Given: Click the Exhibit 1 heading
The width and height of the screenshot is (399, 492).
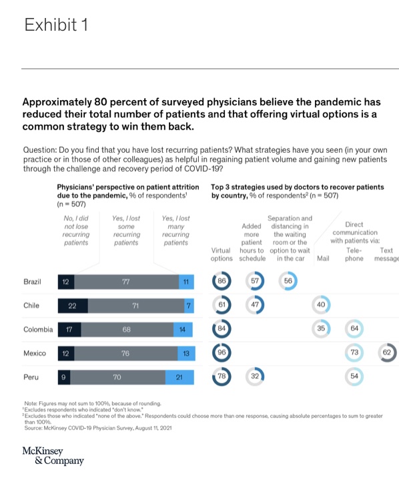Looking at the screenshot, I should coord(56,25).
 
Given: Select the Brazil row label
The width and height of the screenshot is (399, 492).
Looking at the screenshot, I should coord(32,282).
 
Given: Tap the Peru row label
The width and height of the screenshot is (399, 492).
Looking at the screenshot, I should coord(31,377).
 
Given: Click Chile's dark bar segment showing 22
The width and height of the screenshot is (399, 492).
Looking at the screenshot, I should coord(73,306).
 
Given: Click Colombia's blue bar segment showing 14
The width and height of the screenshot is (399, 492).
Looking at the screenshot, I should coord(185,329).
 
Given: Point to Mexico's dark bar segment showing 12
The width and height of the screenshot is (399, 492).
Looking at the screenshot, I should coord(65,353).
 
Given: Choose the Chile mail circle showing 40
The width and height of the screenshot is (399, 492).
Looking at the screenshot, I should coord(321,305).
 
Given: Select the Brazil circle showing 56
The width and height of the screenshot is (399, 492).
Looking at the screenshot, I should coord(288,281).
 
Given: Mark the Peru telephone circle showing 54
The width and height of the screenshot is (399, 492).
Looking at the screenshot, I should coord(354,377).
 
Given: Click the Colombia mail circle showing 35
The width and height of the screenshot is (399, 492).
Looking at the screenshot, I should coord(321,329).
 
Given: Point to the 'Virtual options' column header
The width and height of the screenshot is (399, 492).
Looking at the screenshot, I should coord(222,254).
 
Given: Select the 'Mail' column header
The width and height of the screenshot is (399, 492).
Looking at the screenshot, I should coord(324,258).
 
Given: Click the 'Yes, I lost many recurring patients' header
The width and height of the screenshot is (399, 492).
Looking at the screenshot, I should coord(176,230).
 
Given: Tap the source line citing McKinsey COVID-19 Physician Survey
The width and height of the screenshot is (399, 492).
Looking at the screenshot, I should coord(97,428).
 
